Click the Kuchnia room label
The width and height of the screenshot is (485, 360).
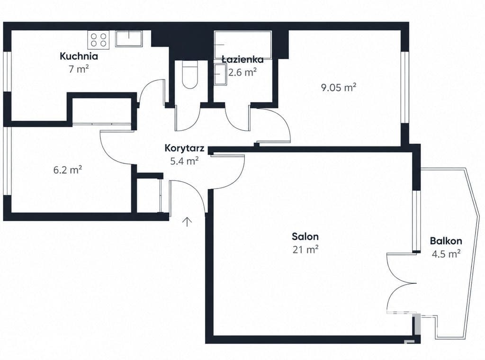point(79,56)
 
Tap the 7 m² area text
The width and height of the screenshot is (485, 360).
point(79,69)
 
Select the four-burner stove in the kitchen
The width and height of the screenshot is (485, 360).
point(99,40)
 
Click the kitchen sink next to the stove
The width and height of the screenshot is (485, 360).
point(129,39)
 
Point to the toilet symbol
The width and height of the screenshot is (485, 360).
point(190,74)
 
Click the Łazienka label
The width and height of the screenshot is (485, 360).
point(243,59)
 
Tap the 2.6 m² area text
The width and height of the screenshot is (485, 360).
point(242,72)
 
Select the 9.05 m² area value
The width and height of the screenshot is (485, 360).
point(339,88)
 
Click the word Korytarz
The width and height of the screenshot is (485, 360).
point(184,148)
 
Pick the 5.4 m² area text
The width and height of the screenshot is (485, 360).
point(184,161)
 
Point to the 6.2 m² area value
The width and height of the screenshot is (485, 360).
point(68,170)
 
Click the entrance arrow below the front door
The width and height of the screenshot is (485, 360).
point(187,222)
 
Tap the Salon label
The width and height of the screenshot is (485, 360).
point(305,236)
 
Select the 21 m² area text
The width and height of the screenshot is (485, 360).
point(305,249)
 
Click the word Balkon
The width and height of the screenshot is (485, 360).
point(446,241)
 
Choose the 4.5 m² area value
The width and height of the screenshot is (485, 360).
point(446,254)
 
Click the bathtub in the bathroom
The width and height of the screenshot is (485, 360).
point(243,45)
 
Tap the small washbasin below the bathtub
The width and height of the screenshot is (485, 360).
point(220,74)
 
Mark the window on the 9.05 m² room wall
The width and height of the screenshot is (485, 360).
point(405,87)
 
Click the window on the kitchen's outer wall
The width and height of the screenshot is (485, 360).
point(7,72)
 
